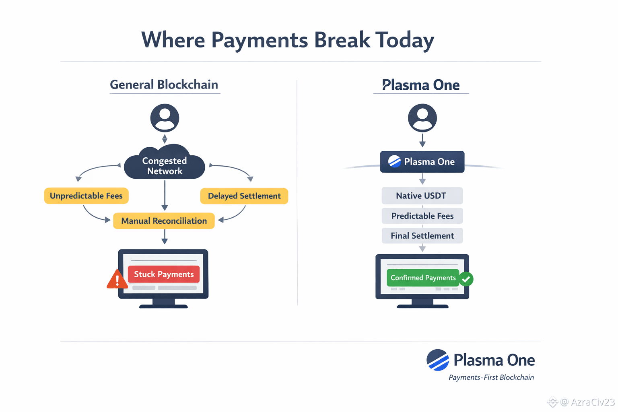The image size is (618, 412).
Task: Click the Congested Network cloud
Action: (x=165, y=165)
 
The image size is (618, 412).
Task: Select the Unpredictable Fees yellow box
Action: (x=86, y=196)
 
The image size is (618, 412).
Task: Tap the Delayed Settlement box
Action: (x=244, y=196)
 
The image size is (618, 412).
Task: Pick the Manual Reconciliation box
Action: (x=164, y=221)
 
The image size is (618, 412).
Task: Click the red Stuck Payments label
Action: (x=164, y=274)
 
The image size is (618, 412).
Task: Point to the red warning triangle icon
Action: (x=117, y=280)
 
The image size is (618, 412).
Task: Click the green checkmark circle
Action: (x=466, y=279)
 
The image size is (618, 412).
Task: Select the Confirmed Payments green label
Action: (x=423, y=278)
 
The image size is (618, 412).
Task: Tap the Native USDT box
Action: (x=422, y=196)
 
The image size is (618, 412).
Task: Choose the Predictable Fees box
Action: (x=422, y=216)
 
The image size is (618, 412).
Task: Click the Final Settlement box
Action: (x=422, y=236)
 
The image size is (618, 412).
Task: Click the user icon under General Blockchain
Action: (x=165, y=118)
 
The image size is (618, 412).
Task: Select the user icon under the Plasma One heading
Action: (x=422, y=118)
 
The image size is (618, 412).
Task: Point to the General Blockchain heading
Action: (x=164, y=84)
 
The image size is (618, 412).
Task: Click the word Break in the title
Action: (x=342, y=40)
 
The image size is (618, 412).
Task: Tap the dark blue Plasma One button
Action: (x=422, y=162)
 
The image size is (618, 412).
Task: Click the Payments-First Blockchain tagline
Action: (x=491, y=377)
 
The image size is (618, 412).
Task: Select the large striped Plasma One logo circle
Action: (x=438, y=360)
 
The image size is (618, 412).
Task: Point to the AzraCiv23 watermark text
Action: (x=592, y=402)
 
